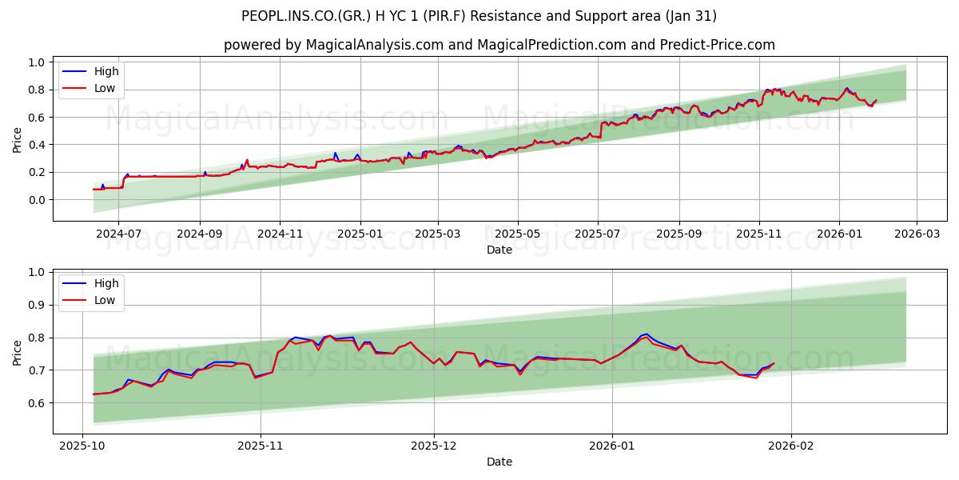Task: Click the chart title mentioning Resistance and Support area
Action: [x=479, y=16]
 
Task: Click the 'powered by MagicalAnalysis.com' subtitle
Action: [x=499, y=45]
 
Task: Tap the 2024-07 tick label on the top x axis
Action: [x=118, y=234]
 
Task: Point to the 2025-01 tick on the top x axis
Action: [x=360, y=234]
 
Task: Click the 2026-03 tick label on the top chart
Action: [x=916, y=234]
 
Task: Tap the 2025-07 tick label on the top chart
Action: [x=599, y=234]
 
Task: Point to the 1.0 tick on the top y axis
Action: [x=36, y=62]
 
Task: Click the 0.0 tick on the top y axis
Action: [x=36, y=200]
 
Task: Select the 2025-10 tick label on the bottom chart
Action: [x=83, y=446]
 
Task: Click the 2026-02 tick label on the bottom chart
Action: [x=790, y=446]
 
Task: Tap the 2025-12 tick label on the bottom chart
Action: [x=436, y=446]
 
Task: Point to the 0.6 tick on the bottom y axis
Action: [x=36, y=403]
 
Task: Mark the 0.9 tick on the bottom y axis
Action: [x=36, y=305]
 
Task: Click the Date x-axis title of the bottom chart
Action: [x=499, y=462]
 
